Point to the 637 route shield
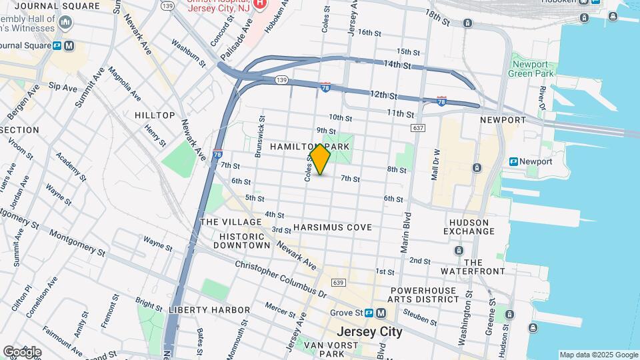(x=419, y=127)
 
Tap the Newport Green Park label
(x=533, y=69)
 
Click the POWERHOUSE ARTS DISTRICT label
(x=425, y=295)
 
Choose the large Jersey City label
(x=369, y=331)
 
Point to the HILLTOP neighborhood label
(x=155, y=115)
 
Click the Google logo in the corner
(x=21, y=351)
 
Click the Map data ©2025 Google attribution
(x=598, y=355)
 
